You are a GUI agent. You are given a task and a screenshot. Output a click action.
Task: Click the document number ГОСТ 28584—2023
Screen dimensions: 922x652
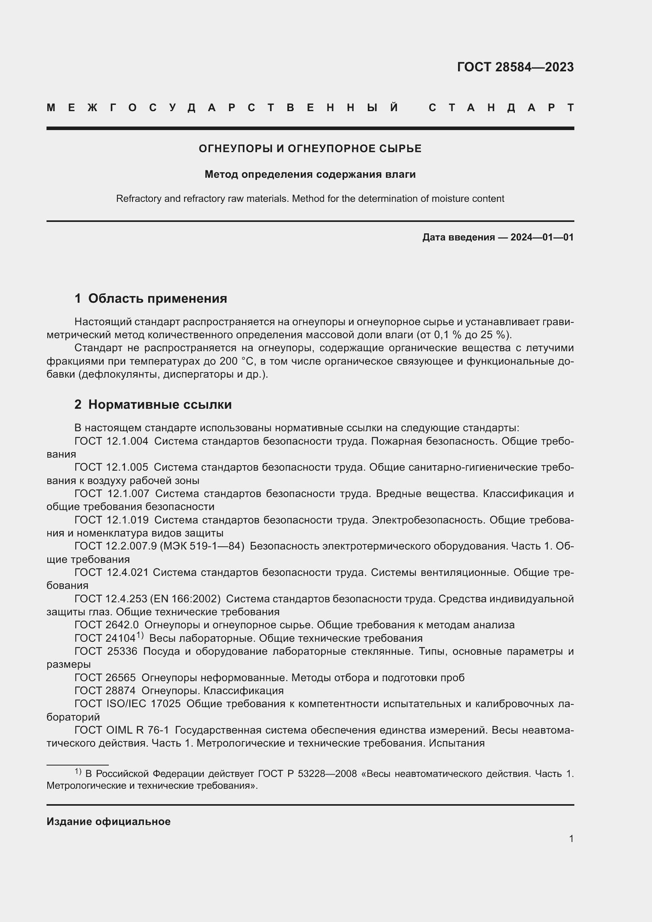pyautogui.click(x=515, y=67)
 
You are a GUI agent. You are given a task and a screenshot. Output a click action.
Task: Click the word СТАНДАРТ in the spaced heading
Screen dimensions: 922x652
pyautogui.click(x=501, y=108)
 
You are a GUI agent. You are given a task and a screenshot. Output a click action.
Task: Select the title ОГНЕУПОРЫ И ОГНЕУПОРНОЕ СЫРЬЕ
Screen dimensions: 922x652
pyautogui.click(x=310, y=149)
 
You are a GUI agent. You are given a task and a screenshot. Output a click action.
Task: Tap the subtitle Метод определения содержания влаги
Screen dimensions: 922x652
pyautogui.click(x=310, y=174)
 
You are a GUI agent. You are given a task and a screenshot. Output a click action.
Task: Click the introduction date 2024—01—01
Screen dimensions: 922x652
pyautogui.click(x=542, y=237)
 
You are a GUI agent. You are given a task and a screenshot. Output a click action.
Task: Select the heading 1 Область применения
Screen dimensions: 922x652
pyautogui.click(x=151, y=298)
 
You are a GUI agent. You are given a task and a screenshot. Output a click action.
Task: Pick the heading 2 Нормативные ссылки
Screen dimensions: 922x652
pyautogui.click(x=153, y=404)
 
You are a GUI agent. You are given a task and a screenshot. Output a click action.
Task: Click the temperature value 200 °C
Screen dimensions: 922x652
pyautogui.click(x=237, y=361)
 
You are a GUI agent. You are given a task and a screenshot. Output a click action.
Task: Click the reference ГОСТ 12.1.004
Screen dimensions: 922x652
pyautogui.click(x=111, y=441)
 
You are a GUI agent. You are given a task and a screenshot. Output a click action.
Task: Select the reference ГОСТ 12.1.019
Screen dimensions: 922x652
pyautogui.click(x=111, y=520)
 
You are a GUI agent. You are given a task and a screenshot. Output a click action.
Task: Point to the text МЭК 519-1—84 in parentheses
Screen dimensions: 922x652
pyautogui.click(x=202, y=546)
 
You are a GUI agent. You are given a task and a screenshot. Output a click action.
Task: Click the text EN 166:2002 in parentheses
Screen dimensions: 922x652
pyautogui.click(x=185, y=599)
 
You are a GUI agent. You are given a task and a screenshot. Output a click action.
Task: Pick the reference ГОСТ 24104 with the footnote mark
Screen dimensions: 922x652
pyautogui.click(x=105, y=638)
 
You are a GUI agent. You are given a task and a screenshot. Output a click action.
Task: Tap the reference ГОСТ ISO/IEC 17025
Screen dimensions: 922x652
pyautogui.click(x=127, y=704)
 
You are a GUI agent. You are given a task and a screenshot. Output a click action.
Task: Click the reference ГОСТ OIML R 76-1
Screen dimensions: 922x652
pyautogui.click(x=122, y=730)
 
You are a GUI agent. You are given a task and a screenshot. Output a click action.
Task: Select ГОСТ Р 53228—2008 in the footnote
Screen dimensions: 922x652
pyautogui.click(x=307, y=773)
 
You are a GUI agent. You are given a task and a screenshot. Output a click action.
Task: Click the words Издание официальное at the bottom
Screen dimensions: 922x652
pyautogui.click(x=108, y=821)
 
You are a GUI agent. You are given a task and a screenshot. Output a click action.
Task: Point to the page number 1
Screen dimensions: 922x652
pyautogui.click(x=571, y=838)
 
